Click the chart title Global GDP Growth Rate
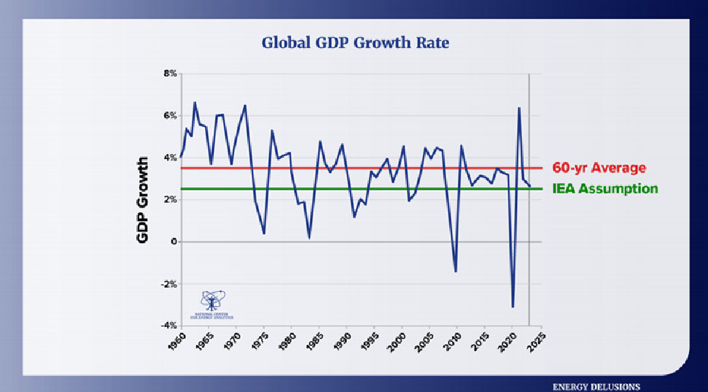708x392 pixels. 355,42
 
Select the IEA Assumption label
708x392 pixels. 604,188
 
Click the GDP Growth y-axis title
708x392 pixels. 144,199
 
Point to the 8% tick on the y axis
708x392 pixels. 169,74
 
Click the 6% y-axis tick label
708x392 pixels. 169,115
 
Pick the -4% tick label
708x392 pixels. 168,326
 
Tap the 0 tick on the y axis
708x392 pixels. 174,242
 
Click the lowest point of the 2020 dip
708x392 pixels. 513,307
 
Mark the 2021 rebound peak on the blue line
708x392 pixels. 519,108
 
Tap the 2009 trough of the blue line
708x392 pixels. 456,272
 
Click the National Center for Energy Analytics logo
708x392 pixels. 212,305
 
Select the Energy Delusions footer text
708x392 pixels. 596,386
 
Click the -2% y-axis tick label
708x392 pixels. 168,284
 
